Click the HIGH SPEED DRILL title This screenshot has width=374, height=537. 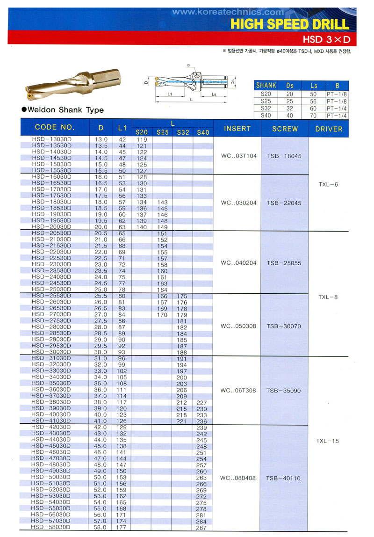click(x=290, y=24)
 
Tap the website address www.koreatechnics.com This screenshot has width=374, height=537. click(x=228, y=13)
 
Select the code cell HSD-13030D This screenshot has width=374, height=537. click(x=51, y=139)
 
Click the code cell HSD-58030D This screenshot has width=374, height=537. click(x=51, y=527)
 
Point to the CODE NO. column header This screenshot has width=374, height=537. click(x=55, y=127)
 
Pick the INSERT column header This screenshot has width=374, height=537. click(x=237, y=129)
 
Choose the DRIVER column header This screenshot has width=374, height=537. click(x=329, y=129)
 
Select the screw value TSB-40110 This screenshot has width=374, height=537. click(x=284, y=478)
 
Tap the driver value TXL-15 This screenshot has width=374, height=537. click(x=327, y=441)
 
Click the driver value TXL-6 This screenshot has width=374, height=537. click(x=328, y=184)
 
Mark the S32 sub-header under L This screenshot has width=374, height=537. click(x=183, y=132)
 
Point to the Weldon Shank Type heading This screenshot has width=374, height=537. click(x=63, y=110)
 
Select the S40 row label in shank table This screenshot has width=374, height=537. click(x=266, y=115)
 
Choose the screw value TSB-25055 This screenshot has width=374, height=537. click(x=284, y=263)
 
